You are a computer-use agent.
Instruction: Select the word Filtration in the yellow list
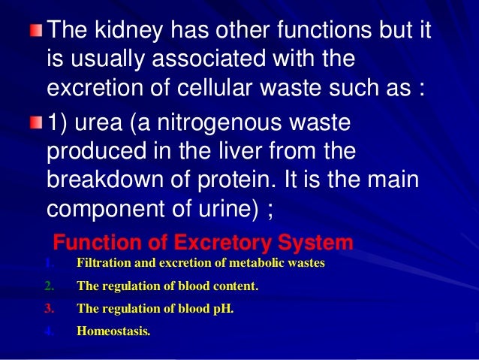[x=104, y=264]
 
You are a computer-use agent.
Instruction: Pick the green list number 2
[x=49, y=286]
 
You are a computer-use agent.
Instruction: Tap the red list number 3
[x=49, y=307]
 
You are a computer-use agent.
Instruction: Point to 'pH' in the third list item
[x=223, y=308]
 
